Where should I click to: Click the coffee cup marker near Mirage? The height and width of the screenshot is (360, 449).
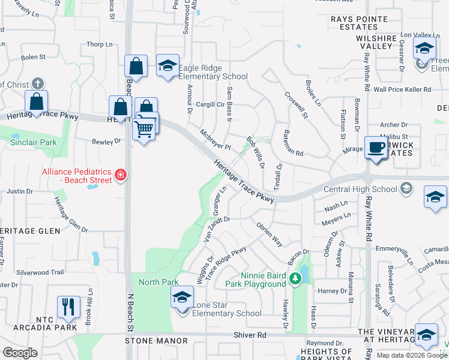coord(376,148)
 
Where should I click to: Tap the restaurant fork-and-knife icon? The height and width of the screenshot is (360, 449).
coord(68,307)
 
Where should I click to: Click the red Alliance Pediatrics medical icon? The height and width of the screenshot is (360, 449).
coord(121,175)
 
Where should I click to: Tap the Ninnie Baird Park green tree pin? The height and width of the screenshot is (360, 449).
coord(295,278)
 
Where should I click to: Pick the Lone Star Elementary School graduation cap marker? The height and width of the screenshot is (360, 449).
coord(182,298)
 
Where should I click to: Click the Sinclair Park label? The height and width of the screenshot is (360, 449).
coord(33,142)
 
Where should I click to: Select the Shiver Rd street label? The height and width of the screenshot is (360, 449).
coord(254,334)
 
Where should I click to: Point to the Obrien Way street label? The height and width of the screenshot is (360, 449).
coord(270,233)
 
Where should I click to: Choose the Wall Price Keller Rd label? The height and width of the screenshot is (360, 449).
coord(402,89)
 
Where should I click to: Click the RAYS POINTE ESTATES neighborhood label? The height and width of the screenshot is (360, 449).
coord(358,23)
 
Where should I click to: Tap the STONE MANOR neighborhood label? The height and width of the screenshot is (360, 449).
coord(157,341)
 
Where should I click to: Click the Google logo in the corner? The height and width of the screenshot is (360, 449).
coord(20,353)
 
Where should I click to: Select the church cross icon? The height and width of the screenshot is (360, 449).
coord(37,83)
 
